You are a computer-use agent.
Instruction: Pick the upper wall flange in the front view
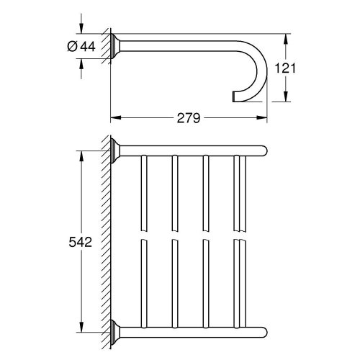(x=115, y=151)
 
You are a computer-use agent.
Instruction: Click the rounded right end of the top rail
(x=264, y=151)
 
